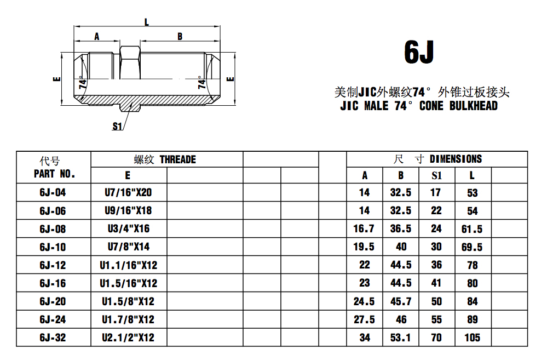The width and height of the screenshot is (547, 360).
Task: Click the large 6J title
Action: (419, 52)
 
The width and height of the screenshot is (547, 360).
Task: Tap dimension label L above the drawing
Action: (147, 22)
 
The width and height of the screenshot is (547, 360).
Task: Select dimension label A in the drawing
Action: (97, 37)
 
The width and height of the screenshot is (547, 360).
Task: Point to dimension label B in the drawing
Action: (180, 37)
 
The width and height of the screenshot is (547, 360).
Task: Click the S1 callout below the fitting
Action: (117, 127)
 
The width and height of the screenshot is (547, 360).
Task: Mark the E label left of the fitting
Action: (56, 79)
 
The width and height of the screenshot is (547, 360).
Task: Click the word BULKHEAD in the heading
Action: (473, 106)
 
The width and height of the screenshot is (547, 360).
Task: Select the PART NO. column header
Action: (54, 174)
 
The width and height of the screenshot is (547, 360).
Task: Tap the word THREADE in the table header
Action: (177, 159)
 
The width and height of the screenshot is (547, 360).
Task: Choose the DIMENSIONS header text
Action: (456, 159)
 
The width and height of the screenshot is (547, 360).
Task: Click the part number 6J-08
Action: (53, 229)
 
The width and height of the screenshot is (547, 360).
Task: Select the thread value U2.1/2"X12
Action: (128, 338)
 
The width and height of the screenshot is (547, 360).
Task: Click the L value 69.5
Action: (472, 247)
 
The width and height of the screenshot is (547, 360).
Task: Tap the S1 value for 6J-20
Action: (436, 301)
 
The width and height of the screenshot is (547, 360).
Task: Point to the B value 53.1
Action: (400, 338)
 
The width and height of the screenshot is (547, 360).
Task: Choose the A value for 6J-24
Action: (364, 319)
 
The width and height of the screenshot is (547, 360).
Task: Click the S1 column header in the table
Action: (436, 175)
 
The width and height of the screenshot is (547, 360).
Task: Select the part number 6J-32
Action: (53, 338)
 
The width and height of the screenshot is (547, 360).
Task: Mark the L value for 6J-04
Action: (472, 193)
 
